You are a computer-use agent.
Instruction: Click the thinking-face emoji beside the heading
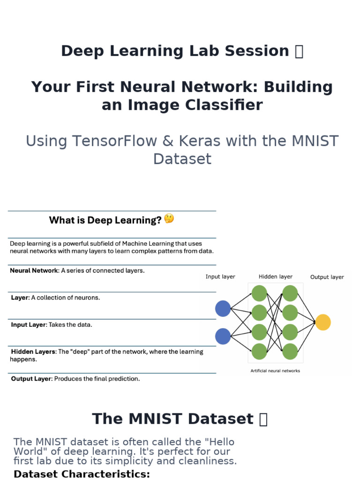pyautogui.click(x=169, y=218)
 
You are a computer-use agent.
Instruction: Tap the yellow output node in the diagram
pyautogui.click(x=322, y=322)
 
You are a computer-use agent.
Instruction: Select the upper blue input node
pyautogui.click(x=223, y=308)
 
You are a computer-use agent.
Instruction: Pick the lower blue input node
pyautogui.click(x=223, y=336)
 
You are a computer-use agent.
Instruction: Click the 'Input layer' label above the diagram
pyautogui.click(x=220, y=277)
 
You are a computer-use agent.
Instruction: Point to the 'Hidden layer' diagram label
pyautogui.click(x=276, y=277)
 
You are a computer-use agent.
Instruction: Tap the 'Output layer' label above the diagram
pyautogui.click(x=327, y=277)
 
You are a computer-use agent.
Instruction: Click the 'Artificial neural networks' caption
pyautogui.click(x=275, y=371)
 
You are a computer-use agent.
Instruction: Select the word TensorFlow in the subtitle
pyautogui.click(x=114, y=141)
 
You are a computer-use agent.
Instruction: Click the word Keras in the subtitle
pyautogui.click(x=199, y=141)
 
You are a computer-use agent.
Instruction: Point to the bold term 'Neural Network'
pyautogui.click(x=34, y=270)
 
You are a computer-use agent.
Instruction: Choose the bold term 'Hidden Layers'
pyautogui.click(x=34, y=352)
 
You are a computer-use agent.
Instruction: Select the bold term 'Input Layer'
pyautogui.click(x=29, y=325)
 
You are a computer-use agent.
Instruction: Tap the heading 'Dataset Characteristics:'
pyautogui.click(x=82, y=474)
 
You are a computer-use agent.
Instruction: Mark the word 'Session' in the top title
pyautogui.click(x=257, y=51)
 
